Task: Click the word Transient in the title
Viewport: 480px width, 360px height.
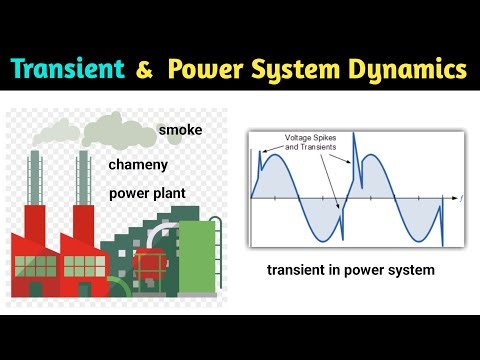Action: coord(68,70)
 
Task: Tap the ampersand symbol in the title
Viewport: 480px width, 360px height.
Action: coord(144,71)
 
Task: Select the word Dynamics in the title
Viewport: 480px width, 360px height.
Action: coord(410,70)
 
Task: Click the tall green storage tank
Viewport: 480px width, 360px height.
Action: coord(203,255)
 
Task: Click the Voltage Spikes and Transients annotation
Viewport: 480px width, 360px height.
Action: coord(313,142)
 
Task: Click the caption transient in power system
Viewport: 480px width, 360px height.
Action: coord(350,270)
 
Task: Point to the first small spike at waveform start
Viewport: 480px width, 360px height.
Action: coord(260,158)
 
